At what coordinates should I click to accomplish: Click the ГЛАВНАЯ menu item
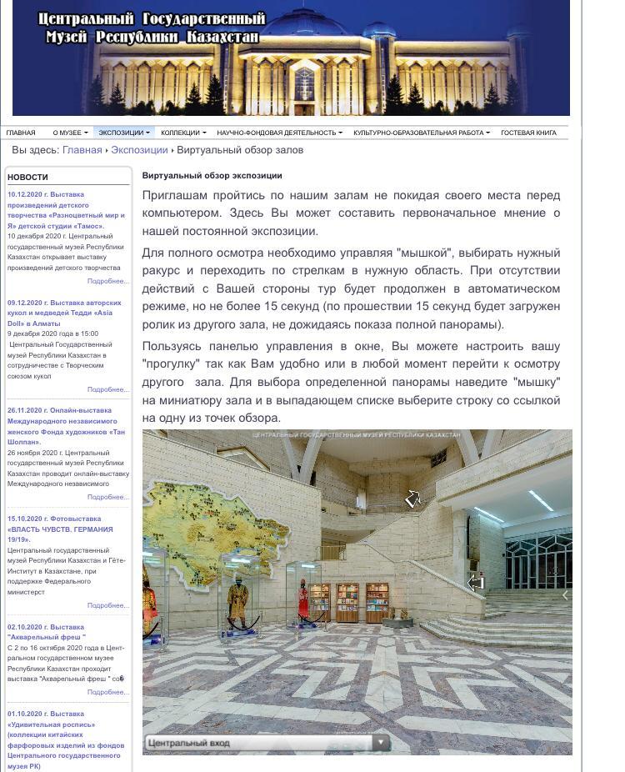21,133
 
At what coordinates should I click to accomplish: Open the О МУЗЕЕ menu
69,133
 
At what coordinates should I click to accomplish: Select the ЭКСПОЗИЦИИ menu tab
123,133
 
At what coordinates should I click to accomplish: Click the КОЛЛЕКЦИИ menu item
183,133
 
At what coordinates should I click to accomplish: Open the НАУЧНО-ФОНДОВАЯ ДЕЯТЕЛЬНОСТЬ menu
279,133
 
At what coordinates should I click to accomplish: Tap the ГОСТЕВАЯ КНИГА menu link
528,133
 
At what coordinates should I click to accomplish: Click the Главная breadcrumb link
82,150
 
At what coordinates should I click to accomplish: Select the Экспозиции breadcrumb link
139,150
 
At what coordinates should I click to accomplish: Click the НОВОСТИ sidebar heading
27,177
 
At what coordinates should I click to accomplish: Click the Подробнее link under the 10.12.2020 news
108,281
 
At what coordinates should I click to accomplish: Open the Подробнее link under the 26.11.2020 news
108,497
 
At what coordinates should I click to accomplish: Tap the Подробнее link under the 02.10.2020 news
108,692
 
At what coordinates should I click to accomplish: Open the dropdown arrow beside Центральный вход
380,742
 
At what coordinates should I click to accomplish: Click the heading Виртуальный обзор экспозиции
212,176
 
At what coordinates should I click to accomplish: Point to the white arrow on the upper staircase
412,499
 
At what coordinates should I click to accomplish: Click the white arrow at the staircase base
476,583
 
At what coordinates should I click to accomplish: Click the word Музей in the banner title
67,37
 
